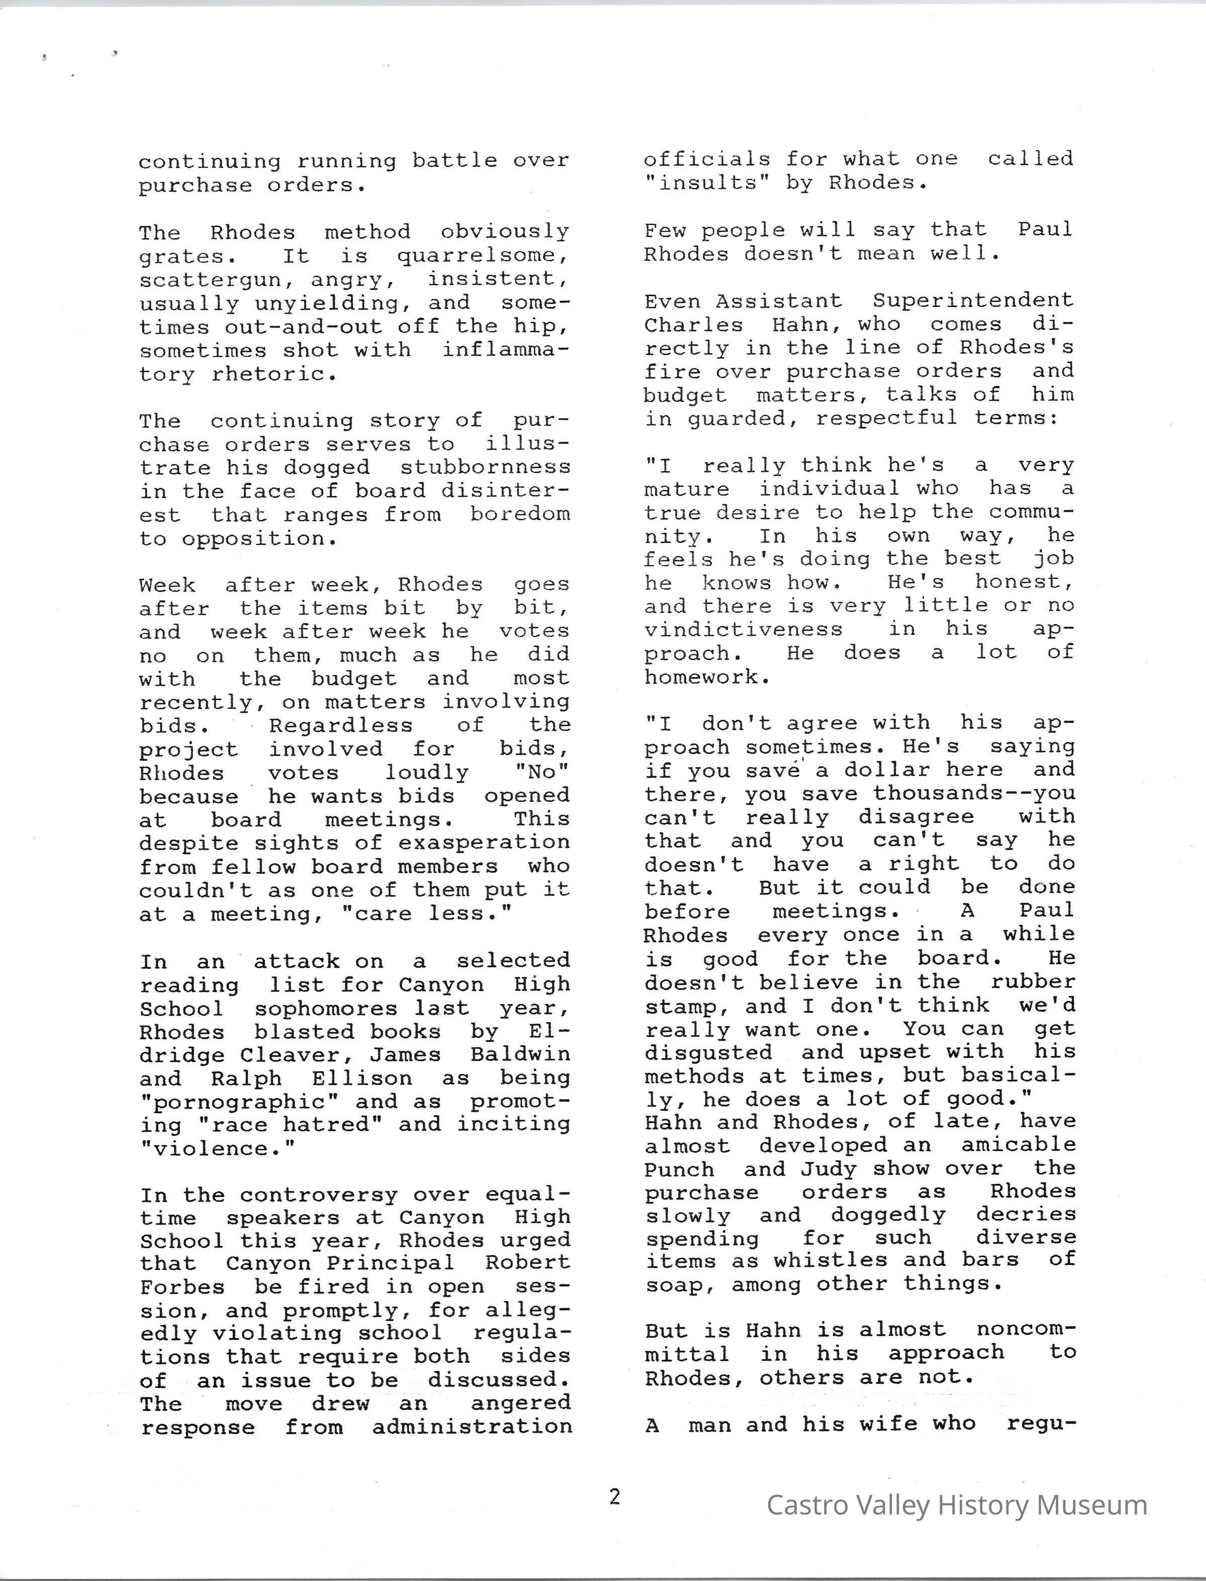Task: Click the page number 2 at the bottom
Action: (x=615, y=1497)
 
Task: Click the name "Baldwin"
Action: (x=521, y=1054)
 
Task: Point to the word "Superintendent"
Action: (x=973, y=300)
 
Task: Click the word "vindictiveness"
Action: (x=744, y=630)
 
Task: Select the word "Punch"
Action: (x=679, y=1170)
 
